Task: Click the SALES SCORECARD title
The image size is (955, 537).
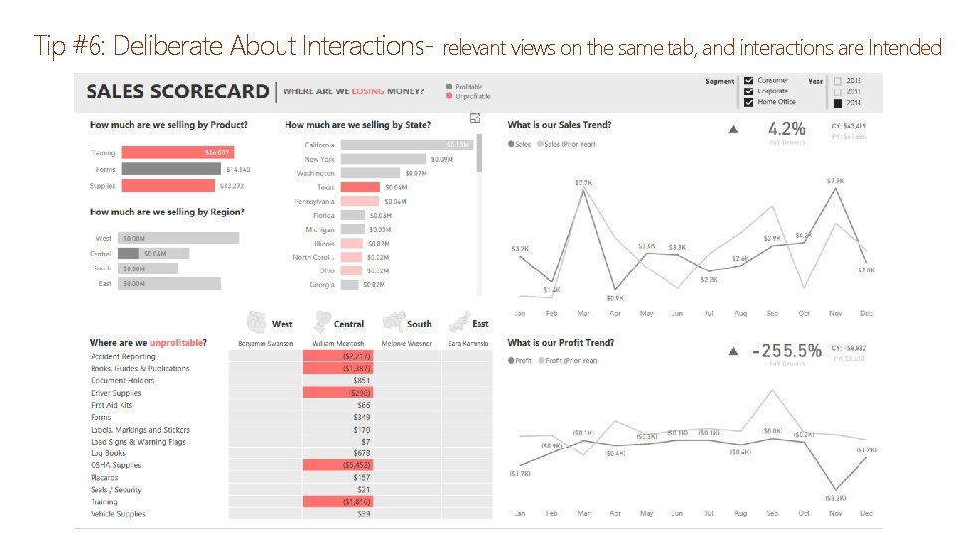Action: tap(177, 91)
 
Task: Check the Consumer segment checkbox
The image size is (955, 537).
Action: tap(748, 80)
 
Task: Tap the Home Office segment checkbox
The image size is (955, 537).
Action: tap(748, 102)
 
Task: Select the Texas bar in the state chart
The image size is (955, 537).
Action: tap(360, 187)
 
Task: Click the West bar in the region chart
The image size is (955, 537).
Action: tap(179, 238)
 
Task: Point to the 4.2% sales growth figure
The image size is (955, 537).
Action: tap(786, 129)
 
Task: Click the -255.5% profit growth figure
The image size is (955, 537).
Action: tap(786, 351)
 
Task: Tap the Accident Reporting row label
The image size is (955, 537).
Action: tap(123, 356)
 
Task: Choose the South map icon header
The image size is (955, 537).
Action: tap(408, 323)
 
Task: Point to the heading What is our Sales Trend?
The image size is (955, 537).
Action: tap(559, 125)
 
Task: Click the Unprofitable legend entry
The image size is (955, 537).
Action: tap(473, 96)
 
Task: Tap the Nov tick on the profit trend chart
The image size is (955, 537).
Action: tap(834, 514)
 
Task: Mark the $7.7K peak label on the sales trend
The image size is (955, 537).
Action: tap(584, 183)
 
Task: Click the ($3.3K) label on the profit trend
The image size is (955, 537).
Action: tap(835, 498)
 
